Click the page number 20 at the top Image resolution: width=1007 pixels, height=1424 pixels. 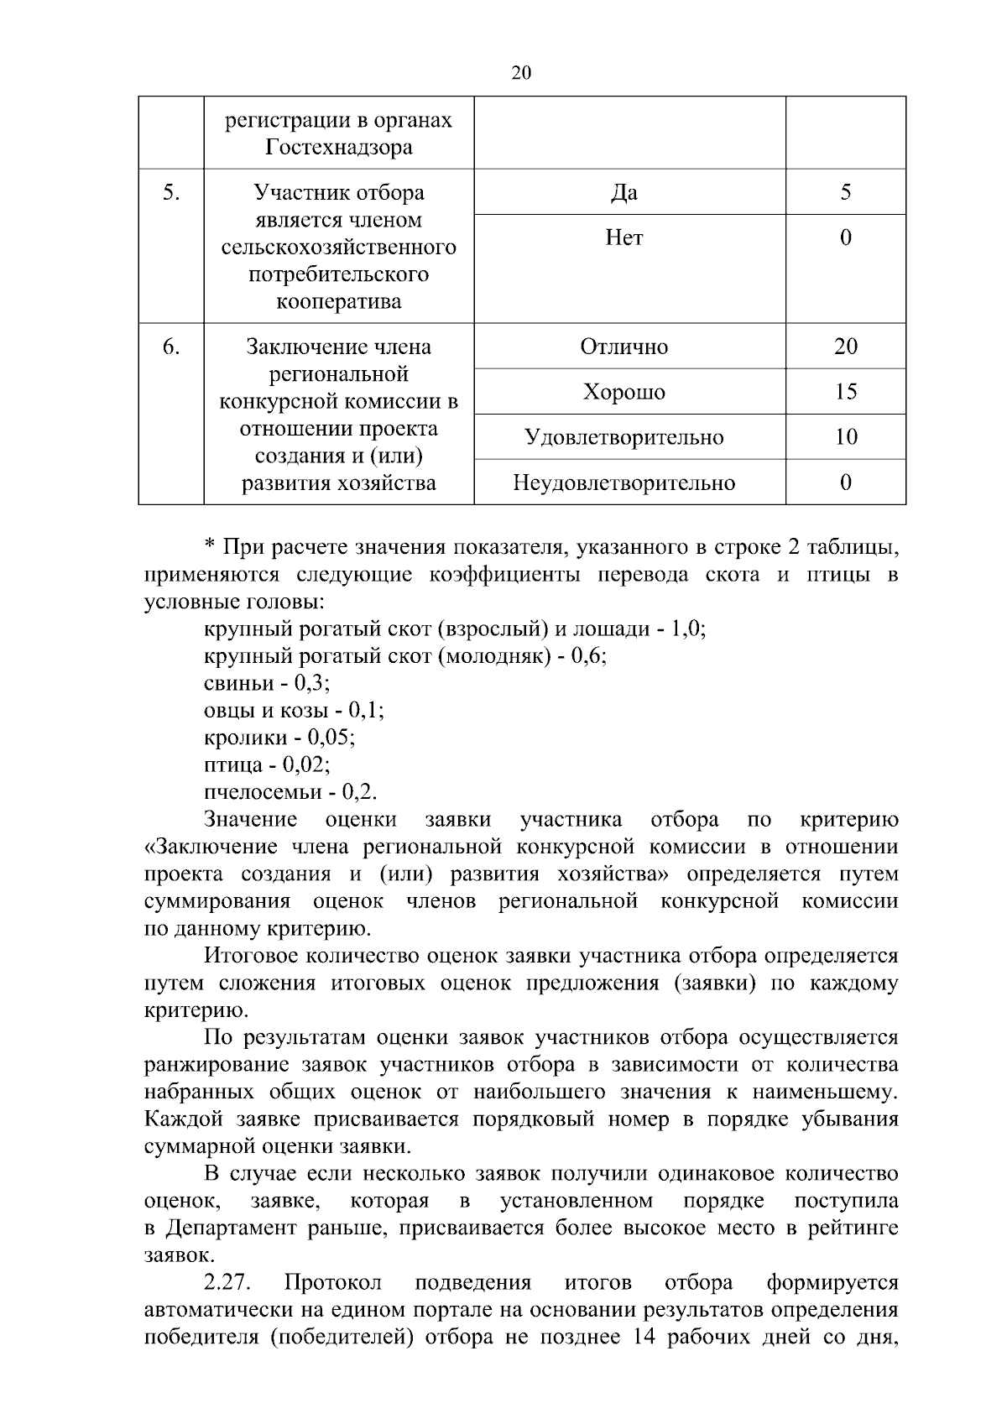tap(520, 73)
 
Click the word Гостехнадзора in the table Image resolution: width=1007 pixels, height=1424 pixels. tap(338, 148)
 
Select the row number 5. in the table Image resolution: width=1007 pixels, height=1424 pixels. tap(171, 193)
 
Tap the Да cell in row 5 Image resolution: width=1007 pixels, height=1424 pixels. tap(624, 193)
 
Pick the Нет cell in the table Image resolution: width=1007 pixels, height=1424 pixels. tap(624, 238)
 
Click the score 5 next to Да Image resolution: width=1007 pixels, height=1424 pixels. tap(845, 193)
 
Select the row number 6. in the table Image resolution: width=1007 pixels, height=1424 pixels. tap(171, 347)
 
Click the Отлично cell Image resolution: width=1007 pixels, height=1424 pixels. tap(624, 347)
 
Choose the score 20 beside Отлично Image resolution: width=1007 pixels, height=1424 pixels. tap(845, 347)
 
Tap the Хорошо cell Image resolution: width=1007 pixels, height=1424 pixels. tap(624, 392)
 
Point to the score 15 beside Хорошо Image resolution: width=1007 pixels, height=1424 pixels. tap(845, 392)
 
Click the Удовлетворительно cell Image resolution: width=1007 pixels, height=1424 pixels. tap(624, 437)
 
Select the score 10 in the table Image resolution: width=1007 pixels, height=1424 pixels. tap(845, 437)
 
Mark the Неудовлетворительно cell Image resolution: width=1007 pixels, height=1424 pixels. tap(624, 482)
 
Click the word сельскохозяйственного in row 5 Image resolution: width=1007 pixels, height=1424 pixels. tap(338, 248)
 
